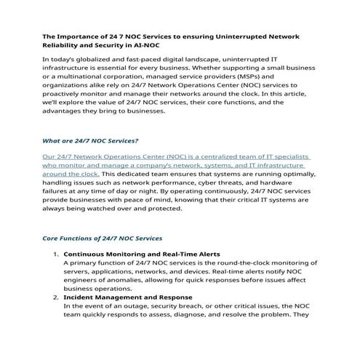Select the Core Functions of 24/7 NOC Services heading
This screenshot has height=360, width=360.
(x=103, y=238)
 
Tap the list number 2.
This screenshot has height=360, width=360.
(x=55, y=297)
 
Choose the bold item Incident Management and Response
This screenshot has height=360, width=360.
(x=128, y=297)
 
